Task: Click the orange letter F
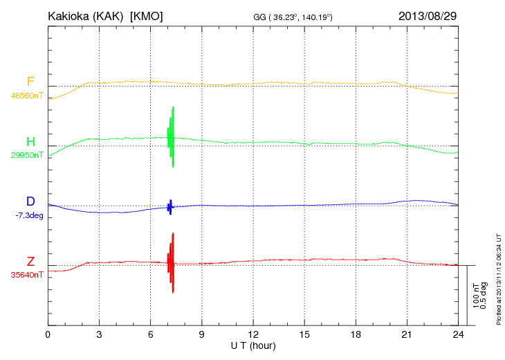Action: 30,82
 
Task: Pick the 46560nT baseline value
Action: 27,96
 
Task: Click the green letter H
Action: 30,142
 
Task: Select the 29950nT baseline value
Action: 27,155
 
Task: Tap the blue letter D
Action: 30,201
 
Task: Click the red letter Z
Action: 30,261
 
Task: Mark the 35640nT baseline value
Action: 27,275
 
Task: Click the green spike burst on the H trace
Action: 171,136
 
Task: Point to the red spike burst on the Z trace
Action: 171,263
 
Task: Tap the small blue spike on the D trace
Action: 170,206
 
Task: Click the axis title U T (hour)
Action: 253,345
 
